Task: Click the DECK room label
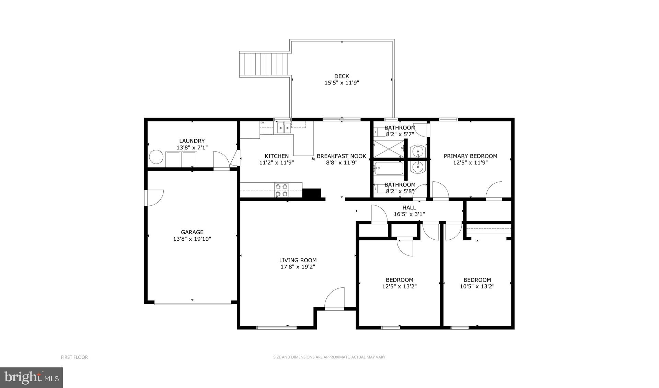tap(342, 76)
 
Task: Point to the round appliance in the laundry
tap(156, 157)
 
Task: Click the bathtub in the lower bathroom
tap(389, 168)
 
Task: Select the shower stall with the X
tap(389, 148)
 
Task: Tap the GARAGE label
tap(192, 232)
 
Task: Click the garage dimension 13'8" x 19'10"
tap(192, 239)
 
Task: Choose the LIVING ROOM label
tap(298, 260)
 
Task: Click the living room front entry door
tap(335, 300)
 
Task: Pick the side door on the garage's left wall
tap(153, 198)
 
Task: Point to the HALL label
tap(409, 208)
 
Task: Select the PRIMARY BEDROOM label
tap(470, 156)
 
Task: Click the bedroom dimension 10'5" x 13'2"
tap(477, 286)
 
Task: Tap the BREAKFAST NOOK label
tap(342, 156)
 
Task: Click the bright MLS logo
tap(31, 377)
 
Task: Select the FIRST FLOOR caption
tap(74, 357)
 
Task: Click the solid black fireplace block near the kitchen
tap(311, 193)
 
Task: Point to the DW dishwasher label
tap(262, 123)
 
